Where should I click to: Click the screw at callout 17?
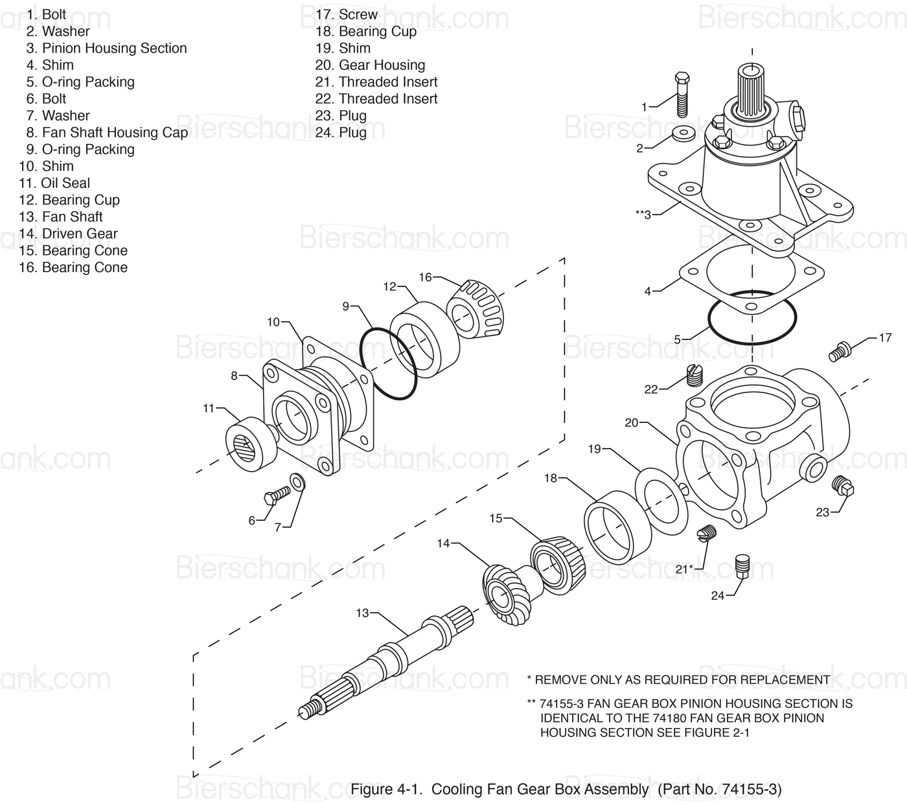(839, 352)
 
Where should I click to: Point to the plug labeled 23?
(842, 486)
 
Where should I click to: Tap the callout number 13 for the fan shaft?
(362, 613)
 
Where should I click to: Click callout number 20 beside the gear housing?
(632, 423)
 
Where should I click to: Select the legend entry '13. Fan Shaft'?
(61, 217)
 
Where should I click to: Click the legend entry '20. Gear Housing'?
(370, 65)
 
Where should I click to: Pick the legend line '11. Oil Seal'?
(54, 183)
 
